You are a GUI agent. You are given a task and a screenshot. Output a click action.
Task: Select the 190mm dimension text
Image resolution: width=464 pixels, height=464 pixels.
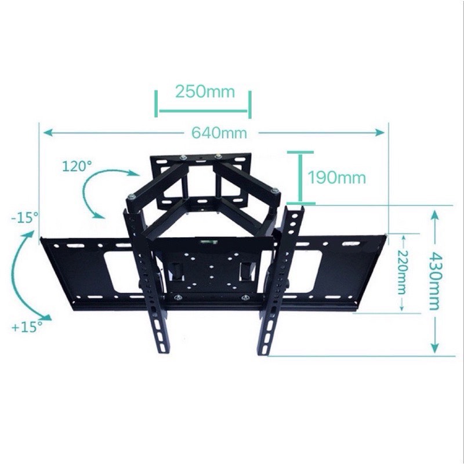[337, 177]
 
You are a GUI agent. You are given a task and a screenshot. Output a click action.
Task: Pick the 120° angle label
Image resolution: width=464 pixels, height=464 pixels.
[78, 166]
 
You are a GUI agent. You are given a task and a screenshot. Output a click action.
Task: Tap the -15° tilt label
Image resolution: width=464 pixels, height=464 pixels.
[24, 218]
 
